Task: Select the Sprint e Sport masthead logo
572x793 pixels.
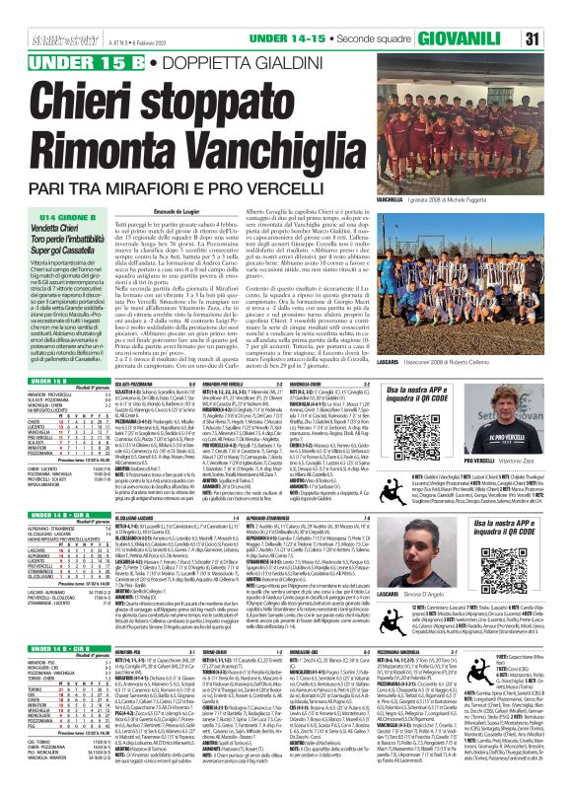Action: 39,13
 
